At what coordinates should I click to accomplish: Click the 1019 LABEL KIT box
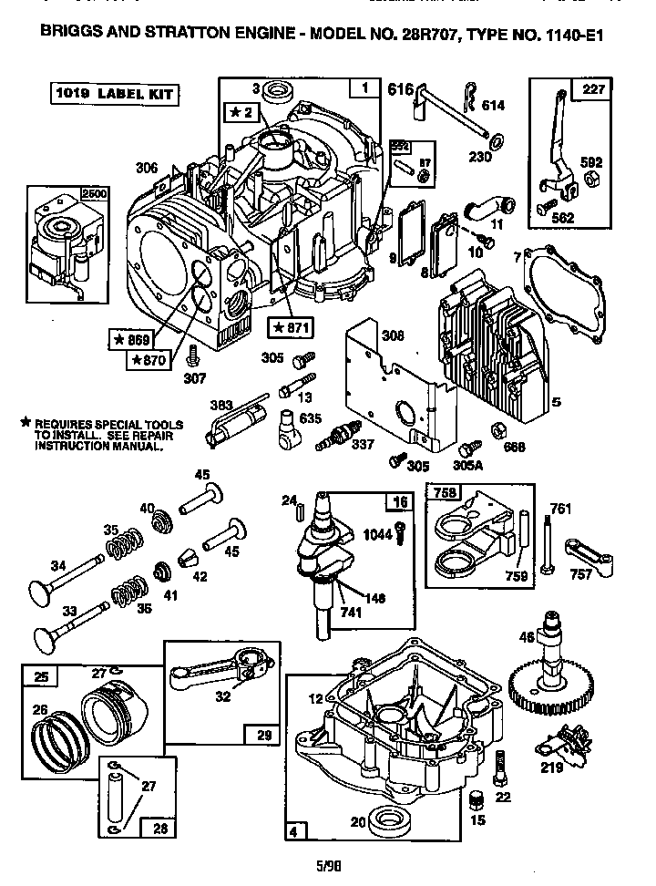coord(111,93)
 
